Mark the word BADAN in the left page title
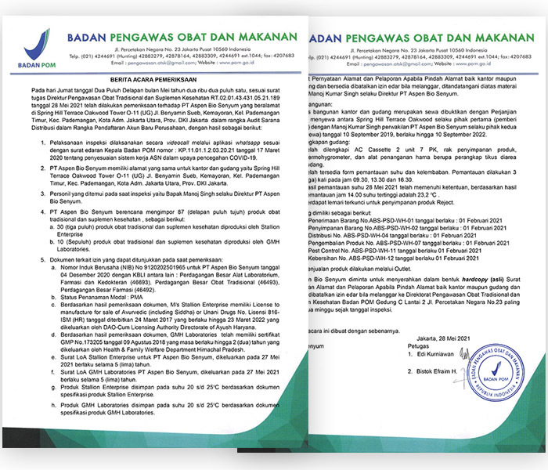[x=93, y=36]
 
